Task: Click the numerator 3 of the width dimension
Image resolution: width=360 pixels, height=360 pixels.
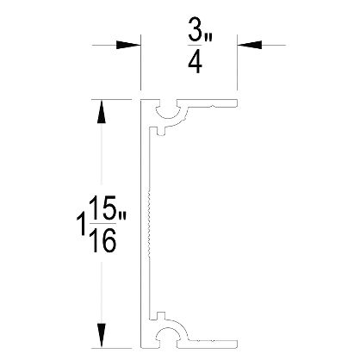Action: (x=196, y=29)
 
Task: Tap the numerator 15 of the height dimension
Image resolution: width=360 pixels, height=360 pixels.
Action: (x=102, y=208)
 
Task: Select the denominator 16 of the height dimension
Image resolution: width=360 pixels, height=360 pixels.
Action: (x=102, y=241)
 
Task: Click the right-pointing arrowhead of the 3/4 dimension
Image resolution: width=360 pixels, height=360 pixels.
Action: (x=128, y=45)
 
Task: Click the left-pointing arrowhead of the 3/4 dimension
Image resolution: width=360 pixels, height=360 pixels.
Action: (x=250, y=45)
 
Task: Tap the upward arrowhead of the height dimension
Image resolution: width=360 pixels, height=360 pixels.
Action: (x=101, y=112)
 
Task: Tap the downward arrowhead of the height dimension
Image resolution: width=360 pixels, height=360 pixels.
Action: (x=101, y=336)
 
